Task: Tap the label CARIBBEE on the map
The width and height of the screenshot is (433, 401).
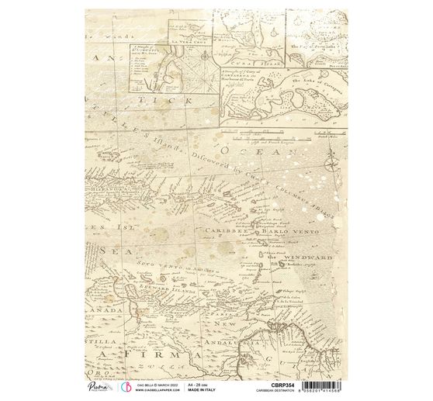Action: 224,230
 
